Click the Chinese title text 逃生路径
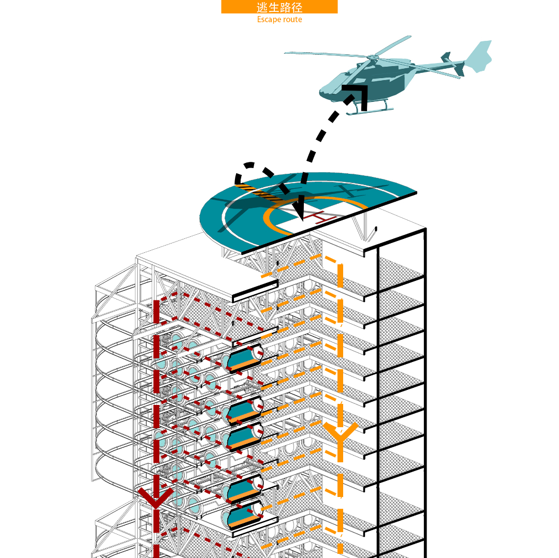[279, 7]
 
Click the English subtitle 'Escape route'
[279, 20]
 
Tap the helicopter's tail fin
[479, 56]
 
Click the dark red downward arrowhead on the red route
[155, 497]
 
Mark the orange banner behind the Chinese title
[279, 7]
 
